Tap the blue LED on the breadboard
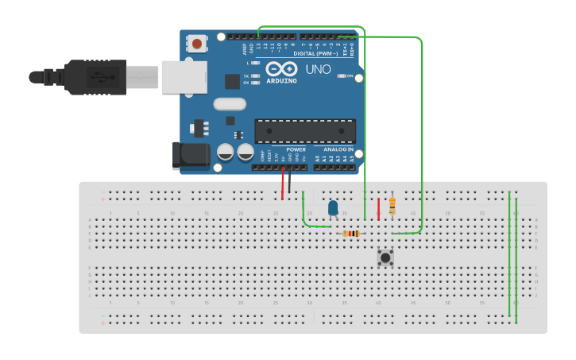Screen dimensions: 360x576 [333, 208]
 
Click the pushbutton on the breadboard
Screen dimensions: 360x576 [385, 257]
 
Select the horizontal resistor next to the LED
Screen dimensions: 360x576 [351, 234]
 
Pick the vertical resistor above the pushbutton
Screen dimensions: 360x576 [392, 206]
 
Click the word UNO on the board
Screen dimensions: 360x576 [318, 70]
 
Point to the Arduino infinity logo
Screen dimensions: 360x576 [281, 68]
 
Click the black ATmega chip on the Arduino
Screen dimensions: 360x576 [304, 131]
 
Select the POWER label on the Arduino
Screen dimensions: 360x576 [296, 149]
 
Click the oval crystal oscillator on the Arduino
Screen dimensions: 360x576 [230, 103]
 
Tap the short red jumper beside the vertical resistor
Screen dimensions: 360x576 [379, 208]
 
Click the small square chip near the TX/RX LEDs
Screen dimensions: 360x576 [232, 81]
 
